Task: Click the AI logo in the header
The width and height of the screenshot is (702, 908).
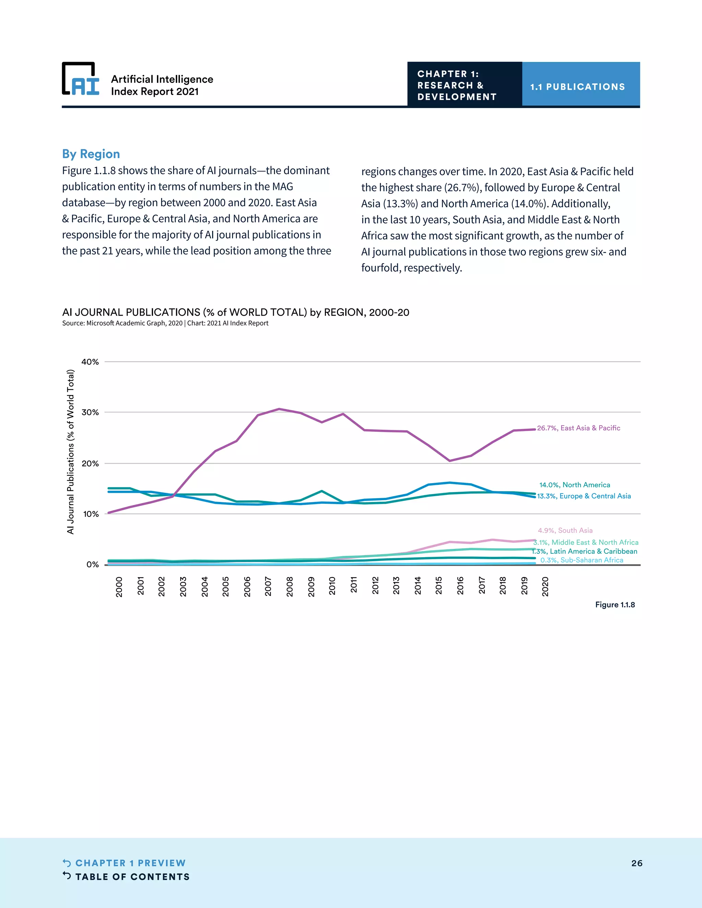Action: tap(81, 79)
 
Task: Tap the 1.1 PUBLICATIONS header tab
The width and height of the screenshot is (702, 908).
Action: tap(577, 86)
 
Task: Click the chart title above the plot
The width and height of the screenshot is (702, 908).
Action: tap(235, 312)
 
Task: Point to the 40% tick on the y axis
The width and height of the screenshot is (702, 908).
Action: tap(90, 362)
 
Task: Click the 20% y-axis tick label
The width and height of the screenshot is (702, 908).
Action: tap(90, 463)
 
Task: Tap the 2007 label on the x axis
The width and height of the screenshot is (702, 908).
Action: tap(268, 586)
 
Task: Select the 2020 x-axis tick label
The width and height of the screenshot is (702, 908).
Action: tap(545, 586)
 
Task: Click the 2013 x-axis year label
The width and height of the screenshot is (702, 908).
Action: tap(396, 586)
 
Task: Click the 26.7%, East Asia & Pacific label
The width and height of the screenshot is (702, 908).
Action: tap(579, 428)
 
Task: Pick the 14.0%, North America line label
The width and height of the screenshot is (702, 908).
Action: tap(574, 485)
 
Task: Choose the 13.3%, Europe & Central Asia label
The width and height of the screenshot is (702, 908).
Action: tap(583, 496)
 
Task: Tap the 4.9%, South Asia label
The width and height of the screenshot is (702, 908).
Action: tap(565, 530)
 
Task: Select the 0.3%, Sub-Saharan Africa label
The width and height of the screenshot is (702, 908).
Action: tap(581, 560)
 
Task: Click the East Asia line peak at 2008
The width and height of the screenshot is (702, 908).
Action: tap(279, 409)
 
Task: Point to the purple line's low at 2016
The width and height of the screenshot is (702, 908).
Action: tap(450, 461)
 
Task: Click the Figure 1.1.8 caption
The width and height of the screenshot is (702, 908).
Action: tap(615, 604)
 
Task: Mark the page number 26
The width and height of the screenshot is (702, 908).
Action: tap(637, 863)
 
